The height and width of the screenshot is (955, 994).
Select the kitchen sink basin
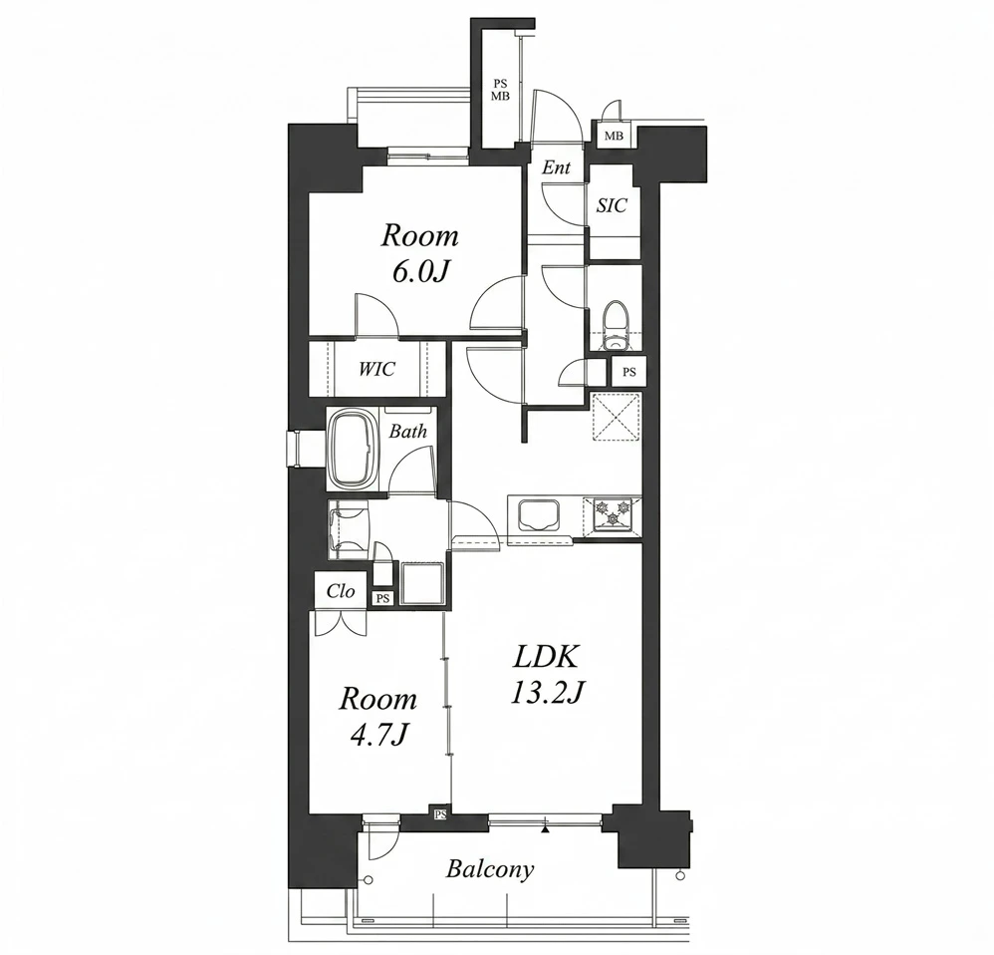coord(539,516)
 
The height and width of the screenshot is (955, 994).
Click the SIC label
coord(612,205)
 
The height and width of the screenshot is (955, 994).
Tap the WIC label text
coord(377,369)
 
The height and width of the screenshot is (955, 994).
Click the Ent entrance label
coord(556,167)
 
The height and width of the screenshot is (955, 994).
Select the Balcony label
coord(490,869)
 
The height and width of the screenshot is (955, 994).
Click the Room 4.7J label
coord(378,716)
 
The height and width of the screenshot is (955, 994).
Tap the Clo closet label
coord(341,591)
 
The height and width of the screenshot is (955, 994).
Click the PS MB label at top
coord(501,90)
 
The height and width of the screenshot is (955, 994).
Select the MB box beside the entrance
coord(614,136)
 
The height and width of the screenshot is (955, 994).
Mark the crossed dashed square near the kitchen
coord(617,417)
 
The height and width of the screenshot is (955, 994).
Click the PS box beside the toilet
coord(628,372)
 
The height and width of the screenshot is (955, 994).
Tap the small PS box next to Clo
coord(381,598)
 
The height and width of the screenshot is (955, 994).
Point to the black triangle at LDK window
coord(545,828)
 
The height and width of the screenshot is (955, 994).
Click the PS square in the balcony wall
coord(440,813)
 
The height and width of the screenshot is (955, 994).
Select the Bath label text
coord(407,432)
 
